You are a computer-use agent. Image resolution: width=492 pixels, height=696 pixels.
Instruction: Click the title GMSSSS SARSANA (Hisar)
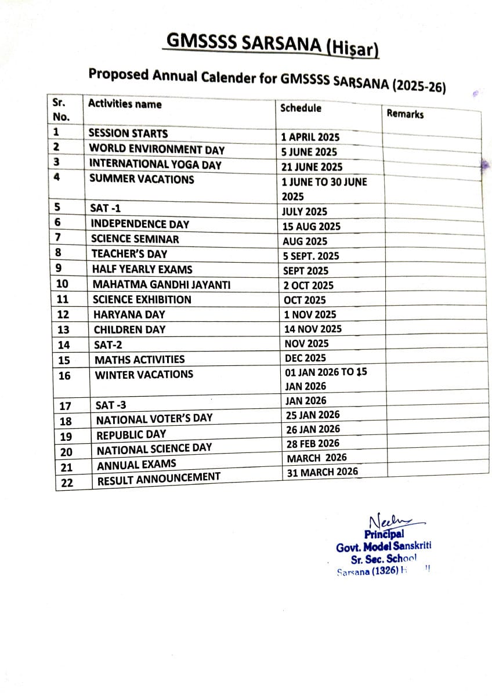[x=272, y=45]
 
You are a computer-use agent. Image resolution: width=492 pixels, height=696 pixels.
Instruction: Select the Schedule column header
[x=301, y=108]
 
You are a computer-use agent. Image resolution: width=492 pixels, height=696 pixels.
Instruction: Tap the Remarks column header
[x=405, y=114]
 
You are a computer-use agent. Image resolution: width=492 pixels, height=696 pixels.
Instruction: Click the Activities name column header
[x=125, y=104]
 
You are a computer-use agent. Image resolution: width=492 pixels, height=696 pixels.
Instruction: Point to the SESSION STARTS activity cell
[x=128, y=133]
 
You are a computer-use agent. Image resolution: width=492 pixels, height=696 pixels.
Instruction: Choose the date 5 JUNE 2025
[x=309, y=152]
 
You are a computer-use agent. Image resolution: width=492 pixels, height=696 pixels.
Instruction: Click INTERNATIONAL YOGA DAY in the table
[x=155, y=165]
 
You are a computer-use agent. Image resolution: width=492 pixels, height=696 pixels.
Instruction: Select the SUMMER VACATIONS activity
[x=142, y=179]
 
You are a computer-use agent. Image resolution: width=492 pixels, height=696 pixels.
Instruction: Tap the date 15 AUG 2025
[x=312, y=226]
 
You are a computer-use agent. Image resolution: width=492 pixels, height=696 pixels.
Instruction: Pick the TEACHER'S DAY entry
[x=129, y=253]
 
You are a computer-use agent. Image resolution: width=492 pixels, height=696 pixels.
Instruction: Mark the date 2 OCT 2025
[x=309, y=285]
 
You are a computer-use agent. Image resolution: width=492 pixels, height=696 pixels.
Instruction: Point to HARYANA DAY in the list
[x=129, y=314]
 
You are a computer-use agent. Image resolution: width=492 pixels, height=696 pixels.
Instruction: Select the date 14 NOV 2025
[x=313, y=329]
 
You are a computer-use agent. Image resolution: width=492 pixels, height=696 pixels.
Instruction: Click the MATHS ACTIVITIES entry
[x=140, y=360]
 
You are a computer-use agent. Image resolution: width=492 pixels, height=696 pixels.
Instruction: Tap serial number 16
[x=64, y=376]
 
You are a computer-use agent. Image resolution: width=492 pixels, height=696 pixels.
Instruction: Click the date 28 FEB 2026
[x=313, y=444]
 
